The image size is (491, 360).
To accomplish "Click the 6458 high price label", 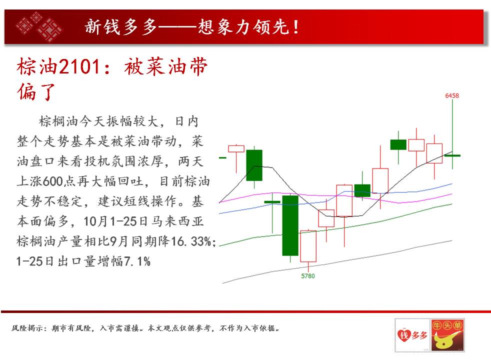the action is [x=452, y=95].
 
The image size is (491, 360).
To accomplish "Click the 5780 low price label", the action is [x=308, y=276].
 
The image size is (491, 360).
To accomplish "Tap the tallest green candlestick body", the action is [x=290, y=225].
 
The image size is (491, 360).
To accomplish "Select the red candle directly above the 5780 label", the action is [x=308, y=246].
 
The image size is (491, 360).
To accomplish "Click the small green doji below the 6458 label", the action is [x=452, y=155].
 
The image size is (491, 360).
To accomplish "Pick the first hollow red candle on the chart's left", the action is [x=236, y=148].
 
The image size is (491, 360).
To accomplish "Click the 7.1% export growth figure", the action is [x=137, y=261].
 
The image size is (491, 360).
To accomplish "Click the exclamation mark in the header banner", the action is [x=295, y=27].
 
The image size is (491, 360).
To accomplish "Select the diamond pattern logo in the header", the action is [x=39, y=26].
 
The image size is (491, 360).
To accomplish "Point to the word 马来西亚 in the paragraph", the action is [x=177, y=221].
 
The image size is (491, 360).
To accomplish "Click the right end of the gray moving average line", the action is [x=452, y=240].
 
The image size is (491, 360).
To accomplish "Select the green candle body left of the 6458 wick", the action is [x=398, y=144].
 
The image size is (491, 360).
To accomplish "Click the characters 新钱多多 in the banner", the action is [x=120, y=27].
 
